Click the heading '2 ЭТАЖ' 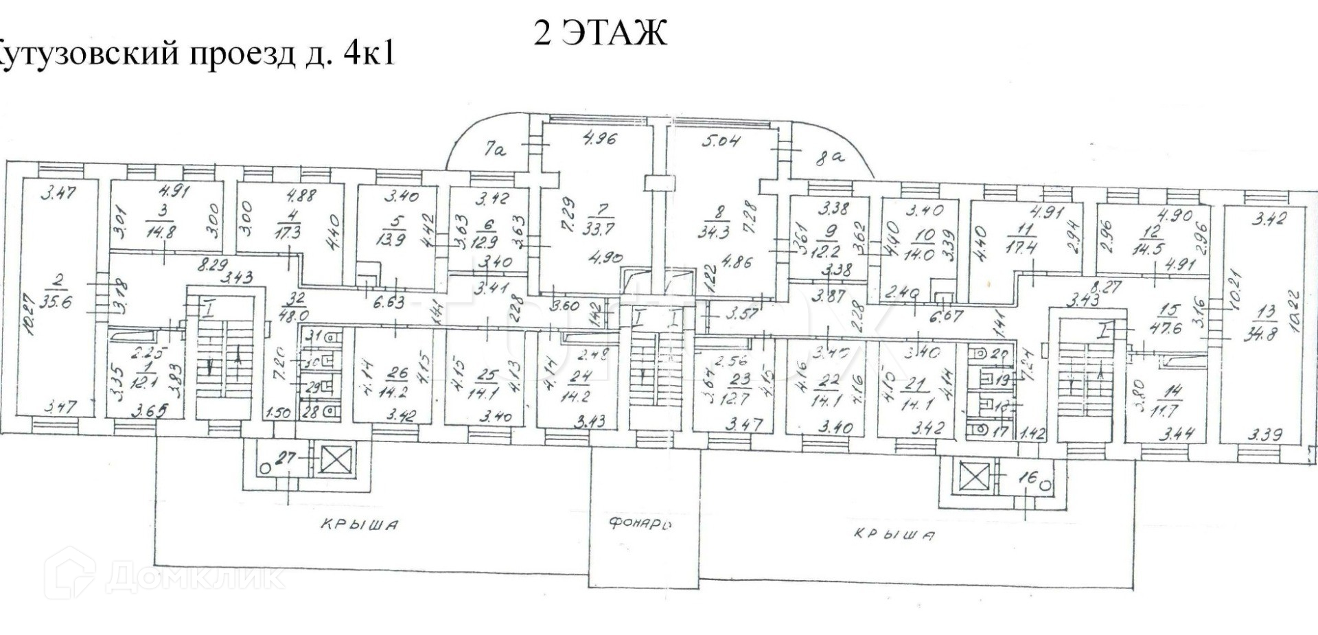click(x=600, y=32)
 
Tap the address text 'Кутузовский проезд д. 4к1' click(x=196, y=54)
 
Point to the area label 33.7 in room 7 click(x=588, y=227)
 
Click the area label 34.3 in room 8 click(x=714, y=231)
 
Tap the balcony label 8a click(x=829, y=159)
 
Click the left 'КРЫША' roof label click(x=359, y=525)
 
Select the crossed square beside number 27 click(x=336, y=459)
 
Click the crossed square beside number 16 click(x=973, y=474)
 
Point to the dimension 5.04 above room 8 click(x=720, y=141)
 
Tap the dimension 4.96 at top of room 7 click(x=599, y=139)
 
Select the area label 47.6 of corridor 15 click(x=1166, y=328)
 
